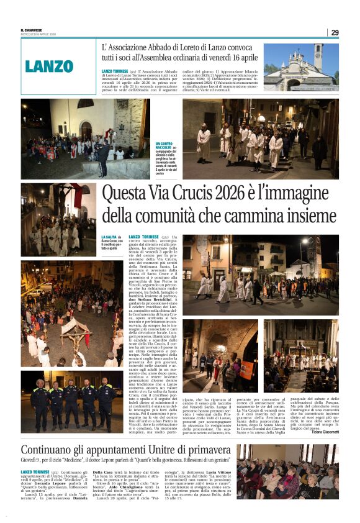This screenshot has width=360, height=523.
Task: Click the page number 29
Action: coord(335,32)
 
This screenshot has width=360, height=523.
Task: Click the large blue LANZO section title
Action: coord(49,66)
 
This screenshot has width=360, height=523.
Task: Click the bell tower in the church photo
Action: coord(318,55)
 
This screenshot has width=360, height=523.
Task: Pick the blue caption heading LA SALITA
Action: coord(108,237)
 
